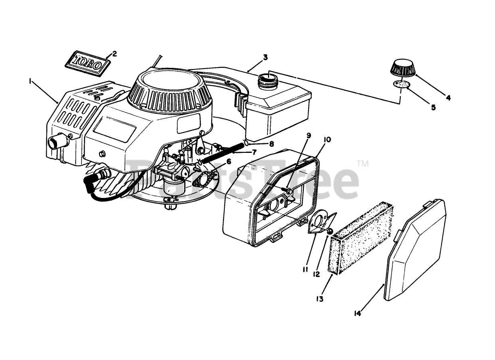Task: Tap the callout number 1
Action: tap(30, 81)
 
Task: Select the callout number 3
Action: tap(265, 57)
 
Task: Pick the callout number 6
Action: tap(229, 161)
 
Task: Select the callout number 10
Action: tap(327, 140)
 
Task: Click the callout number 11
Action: tap(305, 269)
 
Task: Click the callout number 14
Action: tap(357, 314)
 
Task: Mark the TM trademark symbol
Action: tap(362, 164)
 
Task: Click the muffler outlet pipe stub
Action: tap(55, 142)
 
